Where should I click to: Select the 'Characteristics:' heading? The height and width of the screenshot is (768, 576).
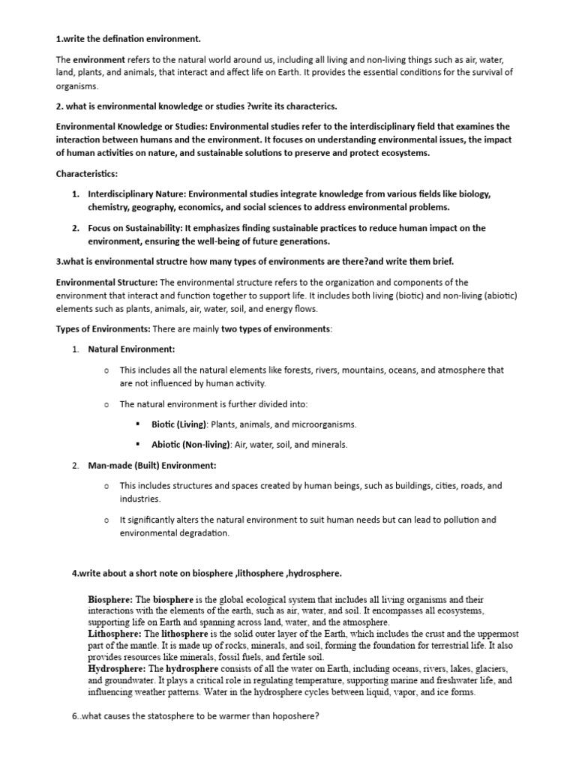86,174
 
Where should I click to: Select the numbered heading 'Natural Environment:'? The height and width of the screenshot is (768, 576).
132,349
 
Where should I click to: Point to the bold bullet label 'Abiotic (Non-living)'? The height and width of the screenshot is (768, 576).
191,445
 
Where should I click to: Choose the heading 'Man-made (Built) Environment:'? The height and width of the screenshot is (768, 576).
152,466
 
